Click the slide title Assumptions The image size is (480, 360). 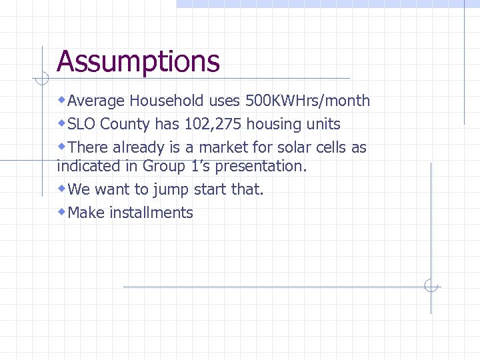point(138,62)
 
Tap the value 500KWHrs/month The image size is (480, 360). point(307,101)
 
